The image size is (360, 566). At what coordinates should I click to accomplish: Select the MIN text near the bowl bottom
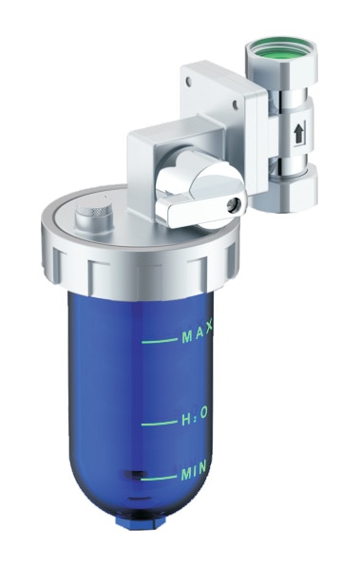click(196, 472)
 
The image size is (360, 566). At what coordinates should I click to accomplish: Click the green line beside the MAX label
click(159, 338)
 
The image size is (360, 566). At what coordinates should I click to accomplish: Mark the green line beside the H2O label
click(159, 421)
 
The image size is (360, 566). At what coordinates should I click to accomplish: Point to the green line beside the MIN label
click(159, 473)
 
